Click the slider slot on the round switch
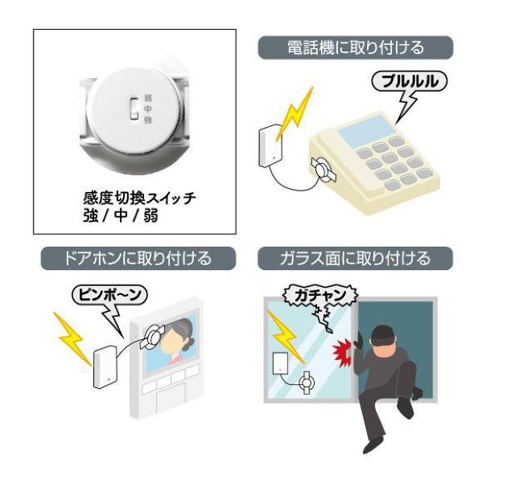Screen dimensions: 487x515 tap(134, 109)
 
